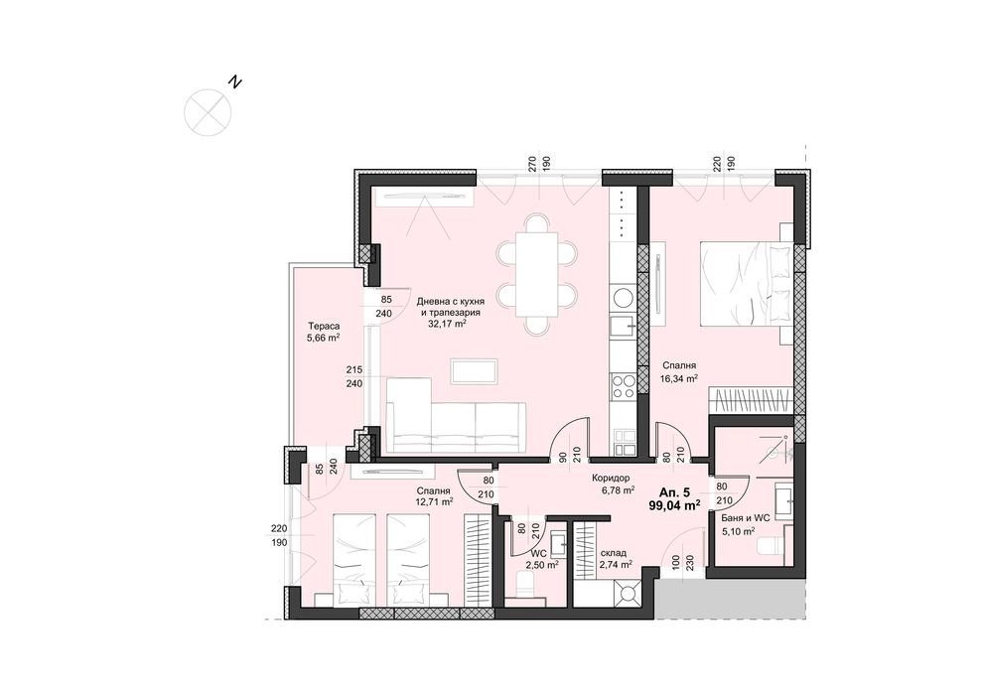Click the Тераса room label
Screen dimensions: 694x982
tap(324, 325)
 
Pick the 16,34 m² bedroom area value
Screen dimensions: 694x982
tap(680, 378)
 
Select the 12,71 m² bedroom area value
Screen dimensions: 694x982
tap(434, 502)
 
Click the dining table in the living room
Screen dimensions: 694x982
tap(536, 273)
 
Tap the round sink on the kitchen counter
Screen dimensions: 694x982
tap(623, 296)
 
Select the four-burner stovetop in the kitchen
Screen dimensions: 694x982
tap(624, 384)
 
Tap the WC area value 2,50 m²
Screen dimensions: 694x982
tap(541, 565)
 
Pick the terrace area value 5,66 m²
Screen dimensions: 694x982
tap(324, 338)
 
